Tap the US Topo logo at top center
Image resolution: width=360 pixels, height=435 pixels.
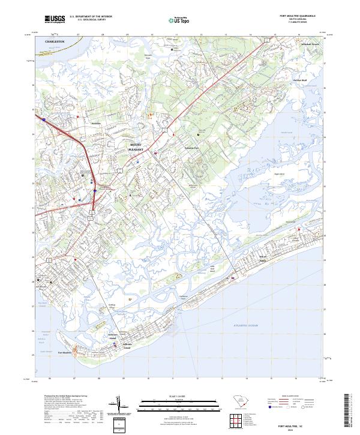178,20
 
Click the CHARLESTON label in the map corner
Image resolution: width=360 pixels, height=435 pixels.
55,41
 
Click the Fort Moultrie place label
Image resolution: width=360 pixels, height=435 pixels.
65,352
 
